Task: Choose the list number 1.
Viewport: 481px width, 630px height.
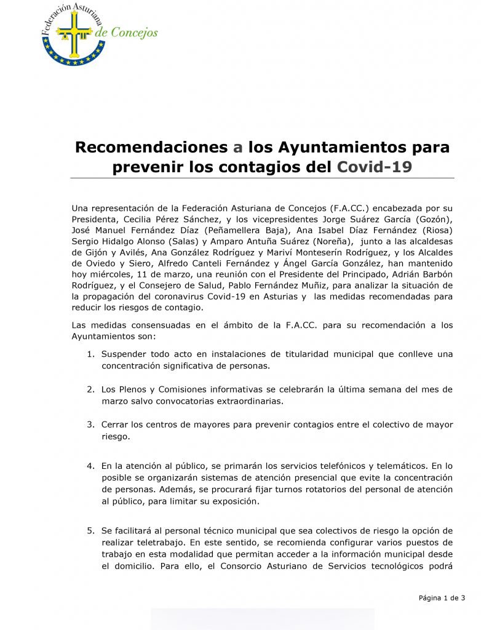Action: pyautogui.click(x=90, y=354)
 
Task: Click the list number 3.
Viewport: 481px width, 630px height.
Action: pyautogui.click(x=90, y=425)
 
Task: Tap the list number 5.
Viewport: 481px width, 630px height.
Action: pyautogui.click(x=90, y=531)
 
